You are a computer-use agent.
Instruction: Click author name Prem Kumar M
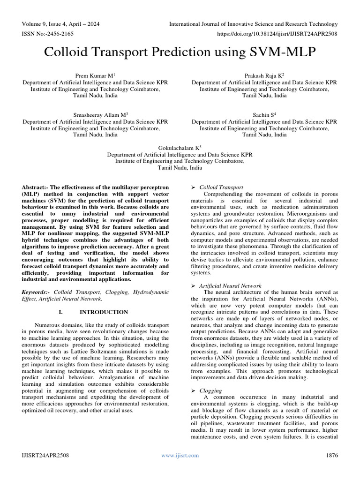[93, 75]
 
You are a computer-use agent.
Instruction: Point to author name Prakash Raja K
[263, 75]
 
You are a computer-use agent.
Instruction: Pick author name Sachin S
[263, 114]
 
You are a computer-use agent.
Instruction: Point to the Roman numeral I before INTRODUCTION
[61, 312]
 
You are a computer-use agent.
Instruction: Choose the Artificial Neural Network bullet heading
[230, 285]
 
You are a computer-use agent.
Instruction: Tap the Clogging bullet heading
[210, 390]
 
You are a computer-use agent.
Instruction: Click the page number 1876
[331, 455]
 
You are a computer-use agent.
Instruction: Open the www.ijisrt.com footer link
[180, 455]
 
